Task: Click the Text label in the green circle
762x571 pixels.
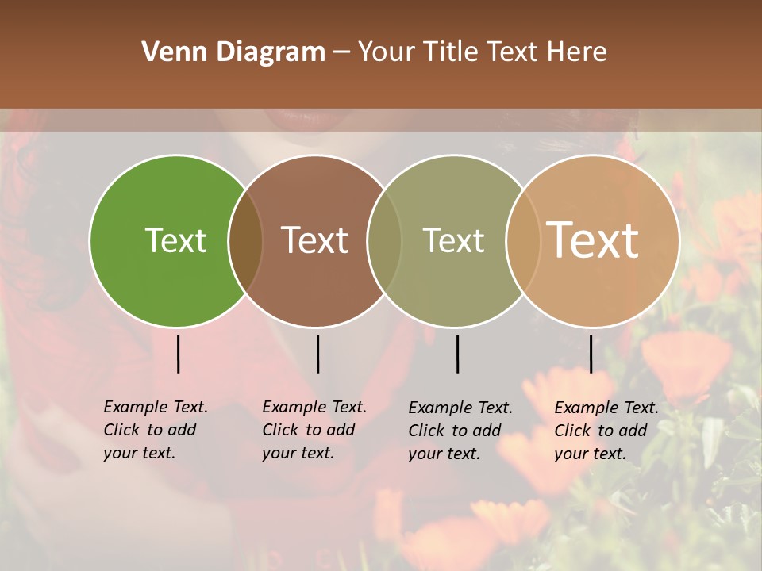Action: coord(175,240)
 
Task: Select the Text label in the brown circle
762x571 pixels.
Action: coord(315,240)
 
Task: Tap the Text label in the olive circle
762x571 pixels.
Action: coord(453,240)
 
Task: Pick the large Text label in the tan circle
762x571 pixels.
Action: coord(593,240)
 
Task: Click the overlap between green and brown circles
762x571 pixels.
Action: coord(246,241)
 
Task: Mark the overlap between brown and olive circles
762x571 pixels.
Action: coord(384,241)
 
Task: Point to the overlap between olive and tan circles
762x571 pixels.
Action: coord(523,241)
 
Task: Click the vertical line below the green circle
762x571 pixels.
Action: coord(179,354)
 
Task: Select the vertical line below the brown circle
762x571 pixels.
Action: coord(317,354)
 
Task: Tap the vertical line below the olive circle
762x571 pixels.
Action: coord(457,354)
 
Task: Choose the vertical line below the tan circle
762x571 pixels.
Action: coord(591,354)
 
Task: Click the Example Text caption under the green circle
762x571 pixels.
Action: coord(155,430)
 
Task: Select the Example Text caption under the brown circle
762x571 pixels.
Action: coord(314,430)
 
